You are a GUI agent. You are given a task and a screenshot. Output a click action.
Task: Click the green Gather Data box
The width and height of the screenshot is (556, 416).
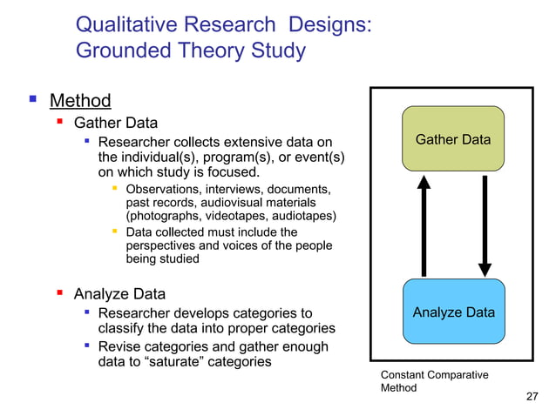pos(452,139)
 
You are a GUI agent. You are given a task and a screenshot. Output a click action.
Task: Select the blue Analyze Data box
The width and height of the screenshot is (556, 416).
pos(453,312)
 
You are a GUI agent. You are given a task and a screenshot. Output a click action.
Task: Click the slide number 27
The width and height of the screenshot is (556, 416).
pos(532,397)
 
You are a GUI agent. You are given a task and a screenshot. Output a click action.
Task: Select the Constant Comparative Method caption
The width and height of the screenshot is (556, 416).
pos(434,381)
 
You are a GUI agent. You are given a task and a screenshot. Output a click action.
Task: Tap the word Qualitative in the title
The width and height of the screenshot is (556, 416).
pos(129,23)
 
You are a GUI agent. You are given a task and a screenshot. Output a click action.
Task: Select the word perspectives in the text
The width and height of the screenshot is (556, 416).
pos(166,245)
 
